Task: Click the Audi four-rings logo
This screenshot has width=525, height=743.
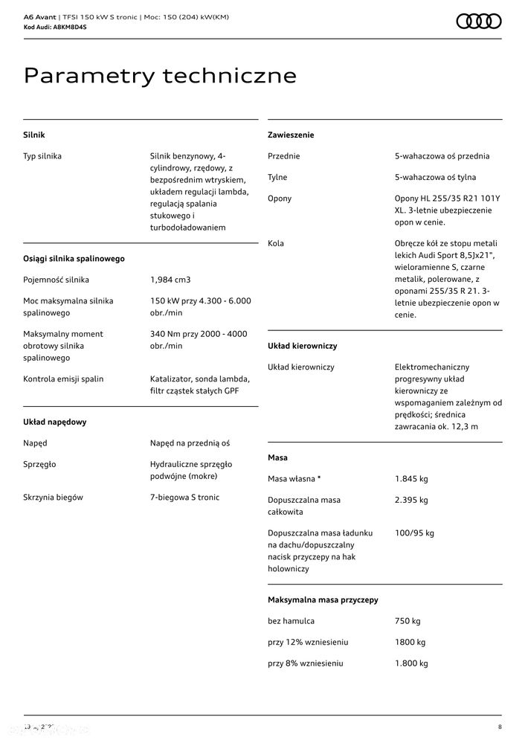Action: [478, 22]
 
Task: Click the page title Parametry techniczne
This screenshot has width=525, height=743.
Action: [160, 76]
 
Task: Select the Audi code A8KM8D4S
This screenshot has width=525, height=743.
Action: [65, 27]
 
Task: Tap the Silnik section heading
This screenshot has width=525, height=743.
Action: [34, 135]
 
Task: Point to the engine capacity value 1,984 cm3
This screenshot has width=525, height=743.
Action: [170, 280]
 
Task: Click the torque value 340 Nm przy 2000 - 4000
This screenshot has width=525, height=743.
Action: [199, 334]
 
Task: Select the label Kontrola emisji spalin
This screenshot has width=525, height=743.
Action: [63, 379]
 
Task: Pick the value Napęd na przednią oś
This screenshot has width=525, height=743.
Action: [190, 443]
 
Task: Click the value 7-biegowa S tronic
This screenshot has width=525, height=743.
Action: [184, 498]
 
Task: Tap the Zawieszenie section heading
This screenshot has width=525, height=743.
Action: [291, 135]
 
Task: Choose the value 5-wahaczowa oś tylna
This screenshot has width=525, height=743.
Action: [435, 178]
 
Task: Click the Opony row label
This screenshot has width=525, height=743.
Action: [280, 199]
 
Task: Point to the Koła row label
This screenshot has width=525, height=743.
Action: [276, 243]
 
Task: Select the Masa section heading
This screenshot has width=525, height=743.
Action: [277, 458]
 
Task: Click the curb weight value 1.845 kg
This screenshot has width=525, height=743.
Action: [411, 479]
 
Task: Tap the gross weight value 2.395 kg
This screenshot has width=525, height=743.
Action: [411, 501]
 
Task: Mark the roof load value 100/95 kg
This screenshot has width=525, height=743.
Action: [414, 533]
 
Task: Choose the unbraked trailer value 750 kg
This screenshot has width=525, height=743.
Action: [408, 621]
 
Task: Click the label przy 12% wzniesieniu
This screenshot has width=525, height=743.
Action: [308, 643]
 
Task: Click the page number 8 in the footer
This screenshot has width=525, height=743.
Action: [500, 727]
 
